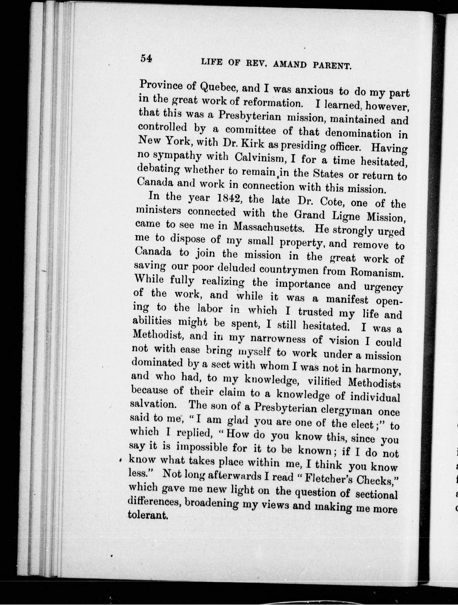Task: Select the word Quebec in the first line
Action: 219,88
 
